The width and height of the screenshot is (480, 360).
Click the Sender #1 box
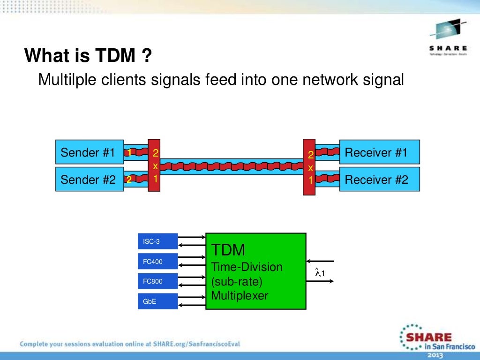click(x=90, y=152)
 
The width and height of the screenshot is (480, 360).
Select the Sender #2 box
click(x=90, y=179)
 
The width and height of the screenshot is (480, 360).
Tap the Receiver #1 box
click(x=379, y=152)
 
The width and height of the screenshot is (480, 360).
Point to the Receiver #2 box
click(x=379, y=180)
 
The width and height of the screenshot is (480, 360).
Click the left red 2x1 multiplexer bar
click(x=155, y=165)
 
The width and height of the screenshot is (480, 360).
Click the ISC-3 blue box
click(x=158, y=241)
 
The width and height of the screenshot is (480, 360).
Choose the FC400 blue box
click(x=158, y=262)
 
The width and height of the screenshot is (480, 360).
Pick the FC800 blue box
click(x=158, y=281)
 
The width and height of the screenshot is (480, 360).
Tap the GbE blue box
click(x=158, y=301)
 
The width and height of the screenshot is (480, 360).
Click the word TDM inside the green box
click(x=228, y=250)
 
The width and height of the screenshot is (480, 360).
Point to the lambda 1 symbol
click(x=320, y=272)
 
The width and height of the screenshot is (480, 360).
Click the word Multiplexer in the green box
click(x=240, y=296)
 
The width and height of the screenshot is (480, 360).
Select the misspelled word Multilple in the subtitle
click(x=66, y=80)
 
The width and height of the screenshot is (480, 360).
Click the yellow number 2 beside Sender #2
click(x=128, y=179)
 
